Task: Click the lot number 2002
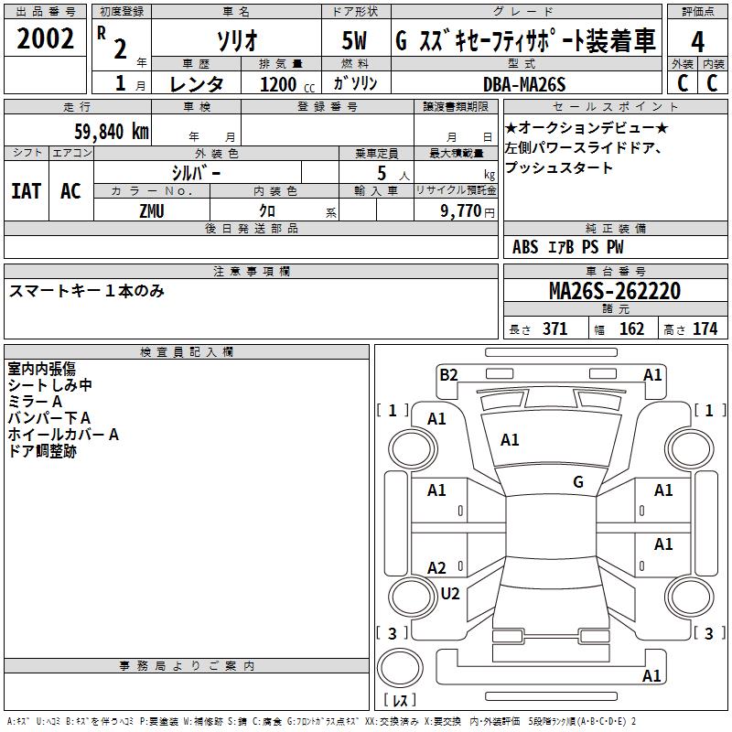47,39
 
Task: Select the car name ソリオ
235,40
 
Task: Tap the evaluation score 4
698,41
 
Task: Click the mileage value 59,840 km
111,131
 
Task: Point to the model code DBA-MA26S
524,84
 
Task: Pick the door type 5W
355,40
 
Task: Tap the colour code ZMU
152,210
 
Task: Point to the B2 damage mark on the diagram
448,373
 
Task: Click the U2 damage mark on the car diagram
450,594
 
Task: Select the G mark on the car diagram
578,482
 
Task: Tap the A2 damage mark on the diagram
437,568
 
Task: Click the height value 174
705,328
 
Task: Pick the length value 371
554,328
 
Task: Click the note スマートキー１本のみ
86,291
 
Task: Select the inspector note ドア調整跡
42,451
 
